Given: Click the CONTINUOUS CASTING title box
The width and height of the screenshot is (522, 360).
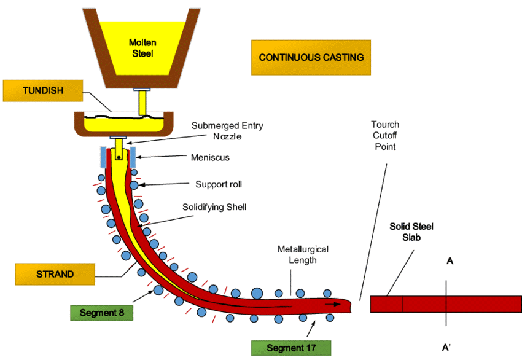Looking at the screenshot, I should (311, 58).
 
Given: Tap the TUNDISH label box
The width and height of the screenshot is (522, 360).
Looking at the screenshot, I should (42, 91).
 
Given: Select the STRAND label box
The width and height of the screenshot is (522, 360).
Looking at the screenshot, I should (55, 275).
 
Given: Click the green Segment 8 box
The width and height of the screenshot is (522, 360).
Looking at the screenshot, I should (101, 311).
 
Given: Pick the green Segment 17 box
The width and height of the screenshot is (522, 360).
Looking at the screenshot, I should (291, 348).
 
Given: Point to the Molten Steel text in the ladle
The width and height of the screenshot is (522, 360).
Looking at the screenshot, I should (142, 48).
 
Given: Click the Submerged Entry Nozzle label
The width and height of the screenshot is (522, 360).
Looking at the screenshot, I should (227, 131).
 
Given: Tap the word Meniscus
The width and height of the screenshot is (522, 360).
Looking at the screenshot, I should (210, 158).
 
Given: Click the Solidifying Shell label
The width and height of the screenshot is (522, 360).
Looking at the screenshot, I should (214, 207).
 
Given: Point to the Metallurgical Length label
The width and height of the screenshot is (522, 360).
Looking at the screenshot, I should (303, 255).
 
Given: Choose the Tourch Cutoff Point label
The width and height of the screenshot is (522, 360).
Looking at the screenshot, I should (384, 136).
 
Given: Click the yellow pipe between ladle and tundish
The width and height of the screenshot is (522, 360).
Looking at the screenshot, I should (142, 102).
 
